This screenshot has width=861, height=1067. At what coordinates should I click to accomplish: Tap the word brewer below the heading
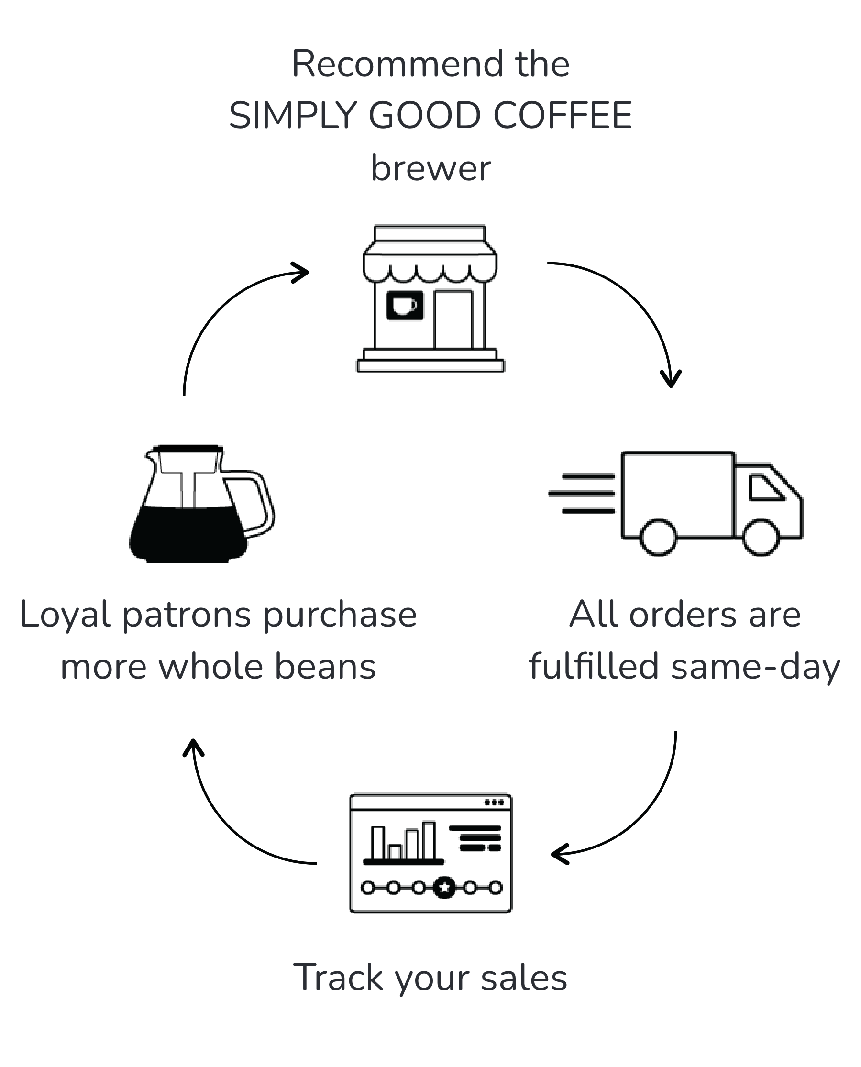(430, 168)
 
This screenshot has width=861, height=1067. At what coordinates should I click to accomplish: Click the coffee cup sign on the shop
(405, 305)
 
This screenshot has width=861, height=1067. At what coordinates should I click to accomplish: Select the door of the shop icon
(453, 320)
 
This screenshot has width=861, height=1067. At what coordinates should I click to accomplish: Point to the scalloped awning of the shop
(430, 268)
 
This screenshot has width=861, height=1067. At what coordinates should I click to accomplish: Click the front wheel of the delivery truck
(761, 537)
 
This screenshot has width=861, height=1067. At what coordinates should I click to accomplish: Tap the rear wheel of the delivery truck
(658, 537)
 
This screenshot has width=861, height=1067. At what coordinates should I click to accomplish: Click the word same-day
(755, 667)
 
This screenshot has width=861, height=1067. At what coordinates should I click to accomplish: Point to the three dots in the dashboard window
(494, 802)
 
